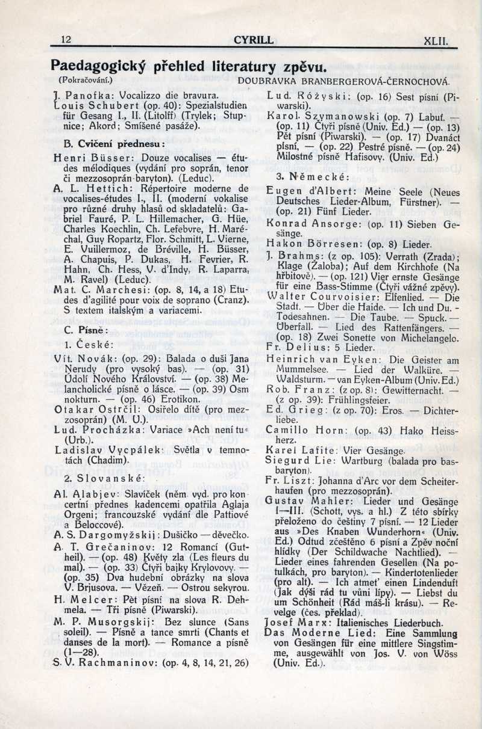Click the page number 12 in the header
click(66, 41)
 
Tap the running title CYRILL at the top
click(253, 41)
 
